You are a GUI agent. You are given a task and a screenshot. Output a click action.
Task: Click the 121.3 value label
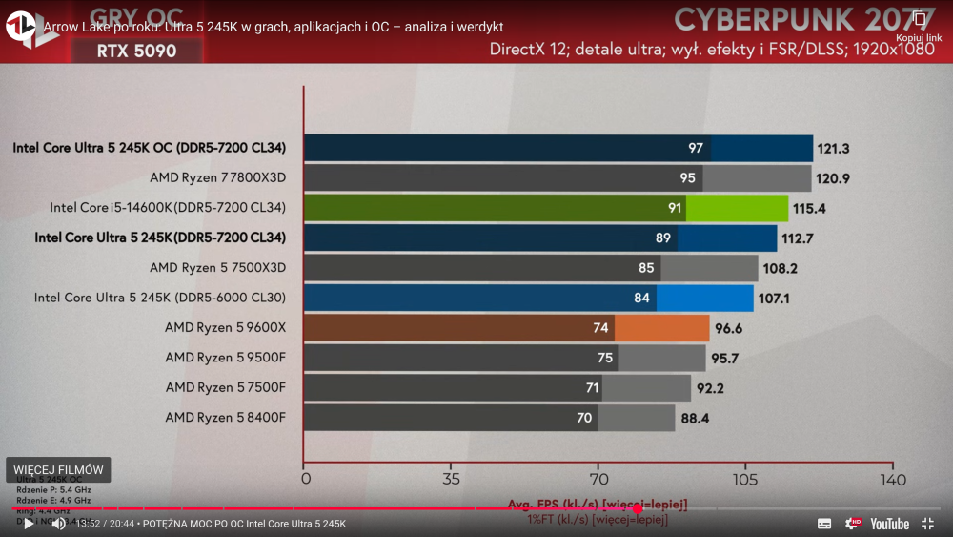[834, 149]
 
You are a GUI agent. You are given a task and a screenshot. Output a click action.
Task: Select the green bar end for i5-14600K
[737, 208]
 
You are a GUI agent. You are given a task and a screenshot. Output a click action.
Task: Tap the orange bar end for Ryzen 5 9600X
[661, 328]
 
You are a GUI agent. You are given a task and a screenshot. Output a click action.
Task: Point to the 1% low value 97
[696, 149]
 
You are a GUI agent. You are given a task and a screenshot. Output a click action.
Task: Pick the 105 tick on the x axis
[745, 479]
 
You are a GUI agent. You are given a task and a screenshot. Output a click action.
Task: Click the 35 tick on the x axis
[452, 479]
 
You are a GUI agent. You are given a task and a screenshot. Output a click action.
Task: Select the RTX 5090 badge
[136, 51]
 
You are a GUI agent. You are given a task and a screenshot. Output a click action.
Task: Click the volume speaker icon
[58, 524]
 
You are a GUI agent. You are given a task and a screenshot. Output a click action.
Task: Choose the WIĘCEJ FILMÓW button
[58, 469]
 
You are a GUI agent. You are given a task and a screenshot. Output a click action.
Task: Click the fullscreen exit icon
[927, 524]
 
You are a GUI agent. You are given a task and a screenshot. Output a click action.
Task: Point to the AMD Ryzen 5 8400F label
[225, 417]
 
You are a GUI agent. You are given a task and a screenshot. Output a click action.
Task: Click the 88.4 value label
[694, 418]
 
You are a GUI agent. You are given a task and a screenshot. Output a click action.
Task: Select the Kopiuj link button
[919, 26]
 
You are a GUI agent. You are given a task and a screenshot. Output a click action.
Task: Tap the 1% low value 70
[584, 418]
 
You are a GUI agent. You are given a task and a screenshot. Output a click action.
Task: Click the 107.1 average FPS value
[774, 299]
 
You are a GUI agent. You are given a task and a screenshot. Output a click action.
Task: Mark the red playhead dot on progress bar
[638, 508]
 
